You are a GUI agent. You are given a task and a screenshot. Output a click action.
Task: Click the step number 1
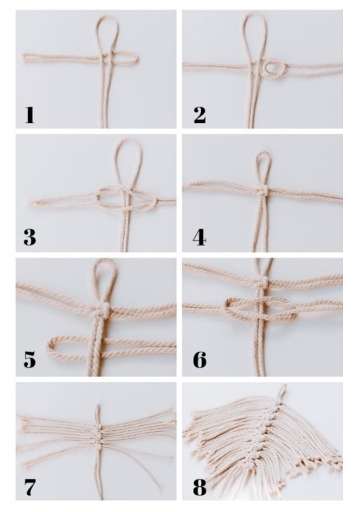(30, 115)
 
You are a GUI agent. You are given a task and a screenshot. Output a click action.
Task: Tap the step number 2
(200, 115)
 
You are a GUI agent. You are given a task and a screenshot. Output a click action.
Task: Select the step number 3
(30, 237)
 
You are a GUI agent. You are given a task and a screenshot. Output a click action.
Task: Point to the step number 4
(199, 237)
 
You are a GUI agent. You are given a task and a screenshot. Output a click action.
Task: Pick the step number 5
(30, 360)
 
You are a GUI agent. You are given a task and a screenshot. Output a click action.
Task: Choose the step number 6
(200, 360)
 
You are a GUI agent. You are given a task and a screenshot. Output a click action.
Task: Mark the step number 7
(30, 488)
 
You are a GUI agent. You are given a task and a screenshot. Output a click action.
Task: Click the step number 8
(200, 488)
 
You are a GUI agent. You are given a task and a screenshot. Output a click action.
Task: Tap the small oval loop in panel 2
(275, 68)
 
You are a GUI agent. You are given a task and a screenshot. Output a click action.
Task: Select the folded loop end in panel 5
(51, 347)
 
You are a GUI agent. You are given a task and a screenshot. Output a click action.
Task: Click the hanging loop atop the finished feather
(283, 391)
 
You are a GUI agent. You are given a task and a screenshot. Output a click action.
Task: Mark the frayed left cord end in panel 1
(26, 59)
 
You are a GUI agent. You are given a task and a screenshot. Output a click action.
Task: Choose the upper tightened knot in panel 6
(264, 280)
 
